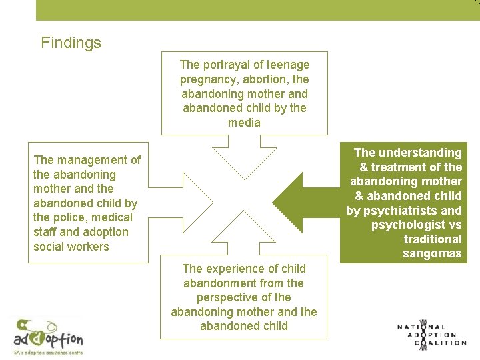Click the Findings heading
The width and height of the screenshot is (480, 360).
coord(71,43)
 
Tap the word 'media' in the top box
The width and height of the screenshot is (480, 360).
coord(244,123)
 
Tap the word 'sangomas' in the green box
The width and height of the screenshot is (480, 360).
coord(432,253)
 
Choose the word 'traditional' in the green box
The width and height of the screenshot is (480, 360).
coord(433,239)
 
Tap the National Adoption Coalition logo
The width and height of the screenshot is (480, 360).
coord(431,335)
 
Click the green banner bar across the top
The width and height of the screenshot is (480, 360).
coord(257,10)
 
